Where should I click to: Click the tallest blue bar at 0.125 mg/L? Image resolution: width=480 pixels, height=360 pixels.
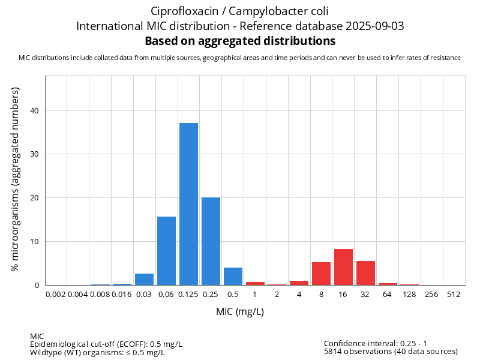coord(188,204)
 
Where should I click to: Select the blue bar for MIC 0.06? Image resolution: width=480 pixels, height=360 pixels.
coord(167,251)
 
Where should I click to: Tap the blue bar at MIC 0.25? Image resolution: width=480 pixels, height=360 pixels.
coord(211,241)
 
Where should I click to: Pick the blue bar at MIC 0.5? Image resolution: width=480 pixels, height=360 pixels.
coord(233,277)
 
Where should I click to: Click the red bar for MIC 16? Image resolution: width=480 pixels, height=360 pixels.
coord(343,267)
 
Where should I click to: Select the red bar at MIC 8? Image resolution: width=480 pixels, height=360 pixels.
coord(322,274)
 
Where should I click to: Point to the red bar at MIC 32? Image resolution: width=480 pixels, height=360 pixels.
coord(366,273)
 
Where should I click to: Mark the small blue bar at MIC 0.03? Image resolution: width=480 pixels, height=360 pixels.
coord(144,280)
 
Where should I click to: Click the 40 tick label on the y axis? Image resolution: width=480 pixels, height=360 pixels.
coord(34,111)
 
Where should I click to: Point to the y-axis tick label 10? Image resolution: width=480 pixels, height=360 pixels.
coord(34,242)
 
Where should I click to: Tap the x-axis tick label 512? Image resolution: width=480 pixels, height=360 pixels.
coord(454,295)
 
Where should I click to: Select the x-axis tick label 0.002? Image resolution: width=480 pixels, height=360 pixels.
coord(56,295)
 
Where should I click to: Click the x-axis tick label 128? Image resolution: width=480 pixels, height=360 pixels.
coord(410,295)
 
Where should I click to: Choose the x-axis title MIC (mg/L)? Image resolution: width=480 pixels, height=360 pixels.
coord(240,311)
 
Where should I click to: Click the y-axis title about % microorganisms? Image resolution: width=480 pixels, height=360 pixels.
coord(15,179)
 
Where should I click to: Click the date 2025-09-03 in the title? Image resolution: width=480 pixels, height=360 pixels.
coord(375,26)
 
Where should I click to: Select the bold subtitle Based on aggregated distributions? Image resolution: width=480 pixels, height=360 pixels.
coord(241,41)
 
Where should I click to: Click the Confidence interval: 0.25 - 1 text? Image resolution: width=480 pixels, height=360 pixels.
coord(376,343)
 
